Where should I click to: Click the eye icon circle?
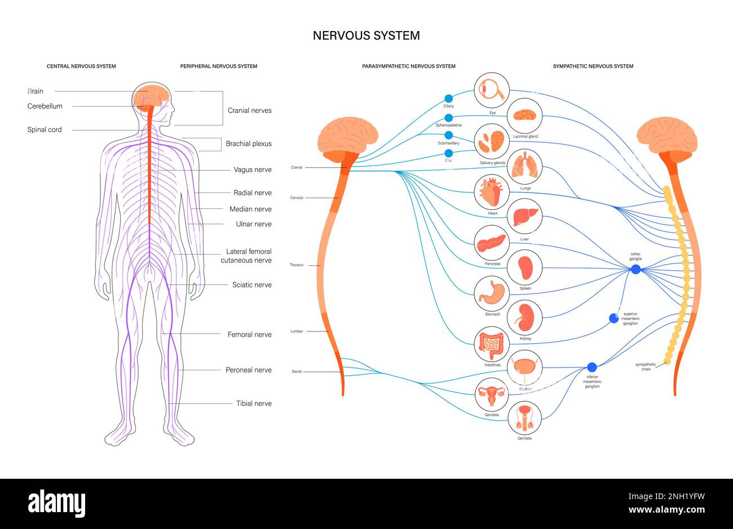[492, 90]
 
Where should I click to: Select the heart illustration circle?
[492, 192]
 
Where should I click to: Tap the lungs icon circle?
[526, 167]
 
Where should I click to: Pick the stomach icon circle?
[492, 293]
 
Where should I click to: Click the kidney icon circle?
[525, 318]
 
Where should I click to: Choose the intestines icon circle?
[492, 344]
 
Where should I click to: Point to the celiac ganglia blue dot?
[635, 269]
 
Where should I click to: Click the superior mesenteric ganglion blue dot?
[614, 318]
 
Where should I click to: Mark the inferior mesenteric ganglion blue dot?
[591, 367]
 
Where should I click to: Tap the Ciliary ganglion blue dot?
[449, 98]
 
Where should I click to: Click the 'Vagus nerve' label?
[252, 169]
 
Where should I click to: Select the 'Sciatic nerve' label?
[251, 285]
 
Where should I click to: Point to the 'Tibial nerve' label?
[253, 403]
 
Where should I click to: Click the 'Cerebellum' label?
[45, 106]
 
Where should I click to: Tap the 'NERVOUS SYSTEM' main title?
[366, 36]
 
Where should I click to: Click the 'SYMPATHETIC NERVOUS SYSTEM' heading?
[593, 66]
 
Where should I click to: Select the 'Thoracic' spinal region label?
[297, 265]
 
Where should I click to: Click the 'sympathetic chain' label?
[646, 367]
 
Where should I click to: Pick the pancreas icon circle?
[492, 243]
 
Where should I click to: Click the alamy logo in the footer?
[57, 502]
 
